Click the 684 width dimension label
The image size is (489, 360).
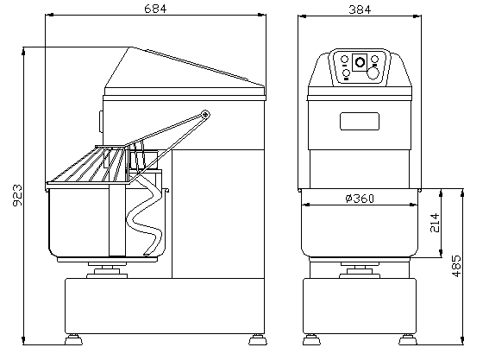pos(156,9)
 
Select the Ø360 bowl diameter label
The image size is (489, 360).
pos(359,199)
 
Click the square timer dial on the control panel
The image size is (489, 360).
pos(359,60)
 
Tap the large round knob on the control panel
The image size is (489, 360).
pos(373,73)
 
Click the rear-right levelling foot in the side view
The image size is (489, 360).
pos(257,334)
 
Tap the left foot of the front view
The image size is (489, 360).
pos(310,335)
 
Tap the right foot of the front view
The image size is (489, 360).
pos(407,335)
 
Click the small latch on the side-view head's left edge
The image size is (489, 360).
pos(101,117)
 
